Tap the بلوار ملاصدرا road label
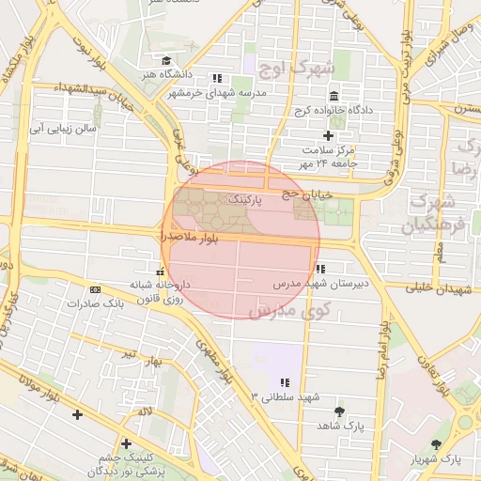point(189,240)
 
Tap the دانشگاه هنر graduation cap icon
point(166,61)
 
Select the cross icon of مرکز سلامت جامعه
point(328,136)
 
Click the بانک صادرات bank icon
point(94,289)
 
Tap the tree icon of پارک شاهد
point(339,411)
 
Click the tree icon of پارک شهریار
point(435,444)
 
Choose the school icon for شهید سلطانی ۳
point(284,382)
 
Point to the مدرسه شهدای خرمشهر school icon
point(217,79)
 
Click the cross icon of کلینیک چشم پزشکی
point(126,443)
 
